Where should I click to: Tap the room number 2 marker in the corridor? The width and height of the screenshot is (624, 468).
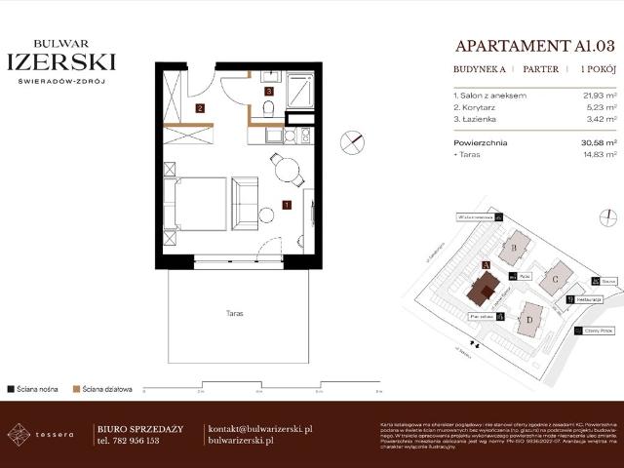coord(200,108)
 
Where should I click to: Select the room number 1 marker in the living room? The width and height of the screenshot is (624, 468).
coord(286,205)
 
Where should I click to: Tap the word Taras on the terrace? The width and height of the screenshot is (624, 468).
coord(231,314)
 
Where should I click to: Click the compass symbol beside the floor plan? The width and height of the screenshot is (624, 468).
coord(350,142)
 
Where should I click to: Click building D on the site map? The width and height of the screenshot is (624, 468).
coord(529,317)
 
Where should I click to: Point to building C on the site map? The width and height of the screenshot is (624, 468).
coord(556,279)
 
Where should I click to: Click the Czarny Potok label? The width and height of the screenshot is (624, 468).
coord(602,331)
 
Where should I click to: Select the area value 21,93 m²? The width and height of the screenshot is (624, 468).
coord(595,96)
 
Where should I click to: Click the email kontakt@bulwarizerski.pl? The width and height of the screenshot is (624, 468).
coord(260,428)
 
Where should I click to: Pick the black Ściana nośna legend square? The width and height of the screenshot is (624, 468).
coord(11,388)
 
